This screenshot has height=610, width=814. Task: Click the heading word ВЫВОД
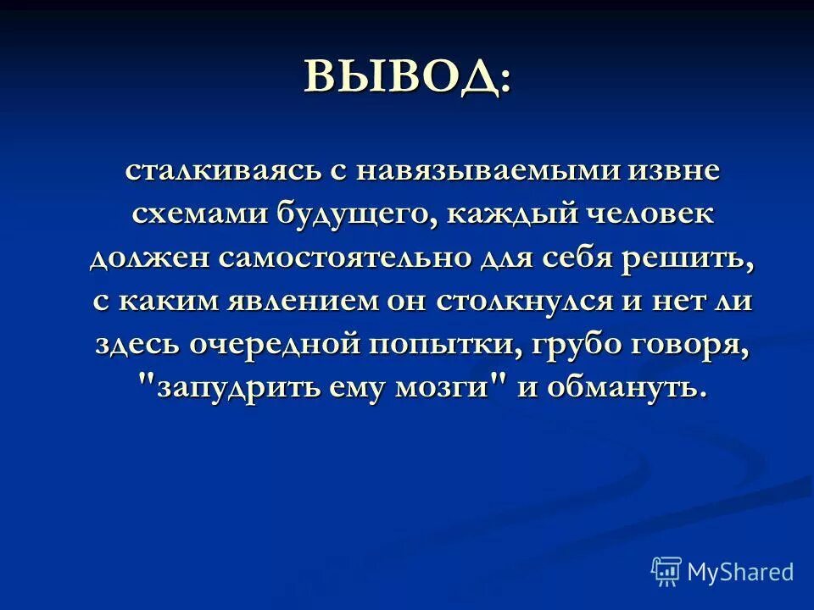[399, 78]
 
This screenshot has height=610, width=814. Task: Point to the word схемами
[196, 213]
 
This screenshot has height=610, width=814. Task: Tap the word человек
[653, 213]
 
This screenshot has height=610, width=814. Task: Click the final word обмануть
[627, 389]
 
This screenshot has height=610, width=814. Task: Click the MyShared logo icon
[666, 571]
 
